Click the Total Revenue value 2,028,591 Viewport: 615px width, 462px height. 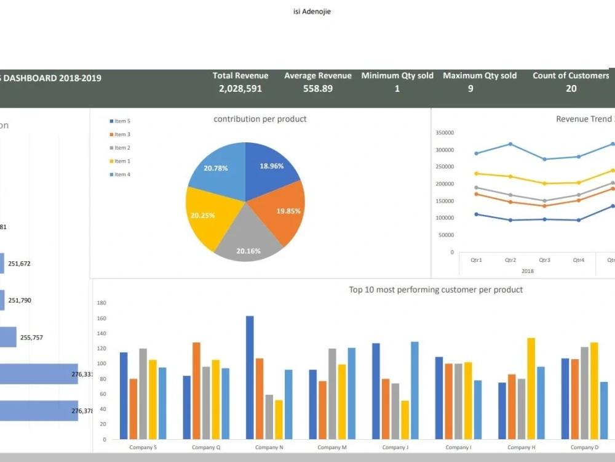(x=240, y=89)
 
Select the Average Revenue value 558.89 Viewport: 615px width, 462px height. (x=317, y=89)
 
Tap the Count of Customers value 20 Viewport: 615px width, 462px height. (x=571, y=89)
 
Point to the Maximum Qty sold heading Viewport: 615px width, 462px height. (x=480, y=76)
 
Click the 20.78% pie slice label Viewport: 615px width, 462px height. (x=216, y=168)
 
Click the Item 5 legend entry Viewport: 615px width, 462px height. (x=122, y=121)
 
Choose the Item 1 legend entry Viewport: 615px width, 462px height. (x=122, y=161)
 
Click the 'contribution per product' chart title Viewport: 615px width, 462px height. (x=260, y=119)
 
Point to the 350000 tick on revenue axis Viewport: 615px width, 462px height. (x=443, y=133)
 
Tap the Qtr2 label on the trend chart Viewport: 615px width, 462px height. (x=510, y=260)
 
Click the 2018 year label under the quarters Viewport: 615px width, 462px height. (x=527, y=270)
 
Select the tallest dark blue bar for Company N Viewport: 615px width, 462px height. (x=250, y=377)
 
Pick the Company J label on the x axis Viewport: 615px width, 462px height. (x=394, y=447)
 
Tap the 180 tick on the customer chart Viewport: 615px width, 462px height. (x=101, y=303)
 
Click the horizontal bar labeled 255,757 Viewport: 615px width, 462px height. (x=8, y=337)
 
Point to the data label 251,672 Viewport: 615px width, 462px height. (x=19, y=264)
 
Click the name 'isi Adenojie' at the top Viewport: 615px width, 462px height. (x=312, y=11)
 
